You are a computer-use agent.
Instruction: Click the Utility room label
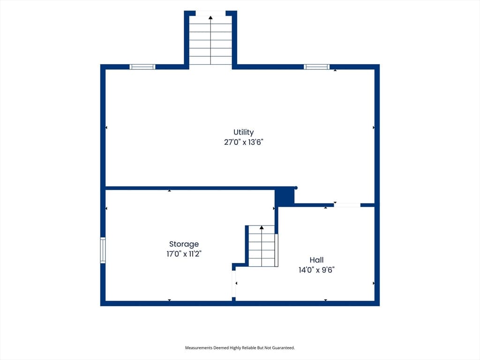243,132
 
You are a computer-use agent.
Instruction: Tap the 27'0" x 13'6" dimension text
244,142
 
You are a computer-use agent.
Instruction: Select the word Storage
184,244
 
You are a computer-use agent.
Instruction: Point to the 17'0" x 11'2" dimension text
184,254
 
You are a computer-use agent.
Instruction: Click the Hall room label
316,260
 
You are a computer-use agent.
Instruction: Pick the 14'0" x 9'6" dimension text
316,270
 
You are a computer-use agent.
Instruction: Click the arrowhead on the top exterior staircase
210,17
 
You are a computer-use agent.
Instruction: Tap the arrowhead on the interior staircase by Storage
262,227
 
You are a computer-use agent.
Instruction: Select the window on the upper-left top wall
142,67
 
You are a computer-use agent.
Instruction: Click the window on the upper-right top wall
317,67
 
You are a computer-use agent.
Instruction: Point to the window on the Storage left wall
103,250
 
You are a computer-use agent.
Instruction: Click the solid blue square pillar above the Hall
285,196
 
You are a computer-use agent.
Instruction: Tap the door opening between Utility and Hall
347,205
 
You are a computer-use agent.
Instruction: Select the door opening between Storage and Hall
234,284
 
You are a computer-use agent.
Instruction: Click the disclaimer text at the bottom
240,348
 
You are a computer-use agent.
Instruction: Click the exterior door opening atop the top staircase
210,13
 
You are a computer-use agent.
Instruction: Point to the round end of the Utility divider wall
296,187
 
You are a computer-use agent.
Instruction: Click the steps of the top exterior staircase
210,40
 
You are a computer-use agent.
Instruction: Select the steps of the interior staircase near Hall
262,246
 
